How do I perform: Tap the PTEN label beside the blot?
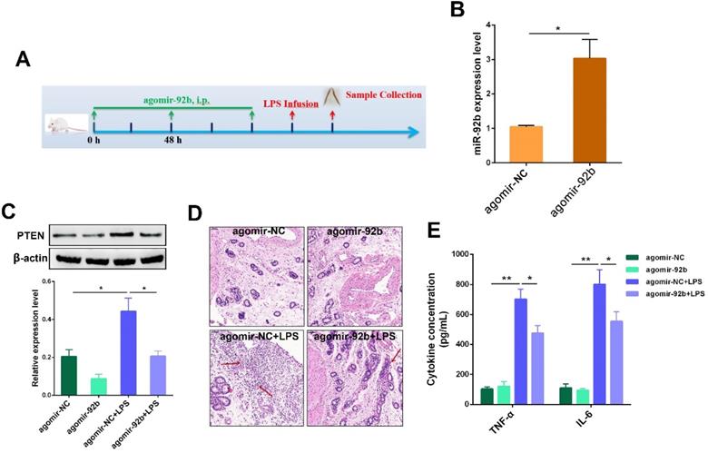(x=25, y=234)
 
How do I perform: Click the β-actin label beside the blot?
(x=25, y=259)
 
